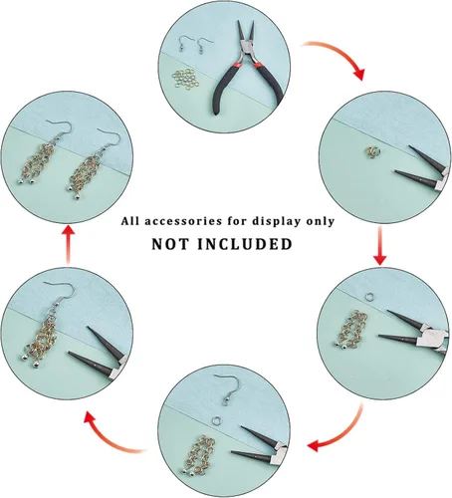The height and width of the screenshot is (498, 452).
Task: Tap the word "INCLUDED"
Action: [x=245, y=244]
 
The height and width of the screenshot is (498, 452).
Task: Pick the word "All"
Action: [x=129, y=221]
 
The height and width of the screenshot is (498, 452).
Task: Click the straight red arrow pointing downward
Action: [x=380, y=245]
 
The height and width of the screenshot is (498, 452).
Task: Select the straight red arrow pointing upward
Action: [x=69, y=245]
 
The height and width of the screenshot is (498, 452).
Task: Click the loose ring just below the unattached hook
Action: [x=216, y=421]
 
